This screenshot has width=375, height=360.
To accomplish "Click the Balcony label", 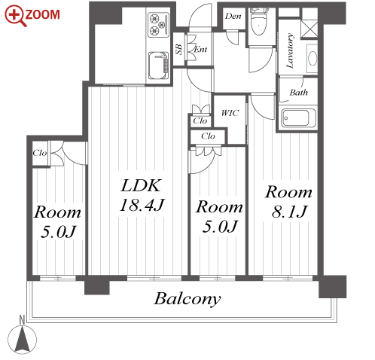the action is coord(187,299).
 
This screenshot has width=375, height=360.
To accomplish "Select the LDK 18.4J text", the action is coord(142,195).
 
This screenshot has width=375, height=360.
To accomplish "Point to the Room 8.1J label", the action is coord(288,201).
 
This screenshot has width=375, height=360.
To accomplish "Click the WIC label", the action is coord(230,113).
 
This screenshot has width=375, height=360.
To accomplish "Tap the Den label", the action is coord(233,17).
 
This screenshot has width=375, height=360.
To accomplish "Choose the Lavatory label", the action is coord(290,50).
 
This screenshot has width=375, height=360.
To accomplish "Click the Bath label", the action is coord(298,93).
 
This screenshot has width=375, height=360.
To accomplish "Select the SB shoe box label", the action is coord(178,50).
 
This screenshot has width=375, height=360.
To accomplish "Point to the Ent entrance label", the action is coord(200,50).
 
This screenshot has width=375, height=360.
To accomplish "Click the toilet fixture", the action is coord(258,22).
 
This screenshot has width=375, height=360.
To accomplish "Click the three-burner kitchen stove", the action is coord(159,24).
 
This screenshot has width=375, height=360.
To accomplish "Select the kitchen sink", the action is coord(158,66).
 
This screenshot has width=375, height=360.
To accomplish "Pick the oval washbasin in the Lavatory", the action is coord(312,59).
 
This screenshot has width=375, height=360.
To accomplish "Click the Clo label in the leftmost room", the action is coord(40,153).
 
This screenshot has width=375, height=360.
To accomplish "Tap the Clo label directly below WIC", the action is coord(208,136).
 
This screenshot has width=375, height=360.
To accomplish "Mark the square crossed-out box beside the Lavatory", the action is coord(309,29).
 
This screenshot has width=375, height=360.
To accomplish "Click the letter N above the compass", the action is coord(22,320).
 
